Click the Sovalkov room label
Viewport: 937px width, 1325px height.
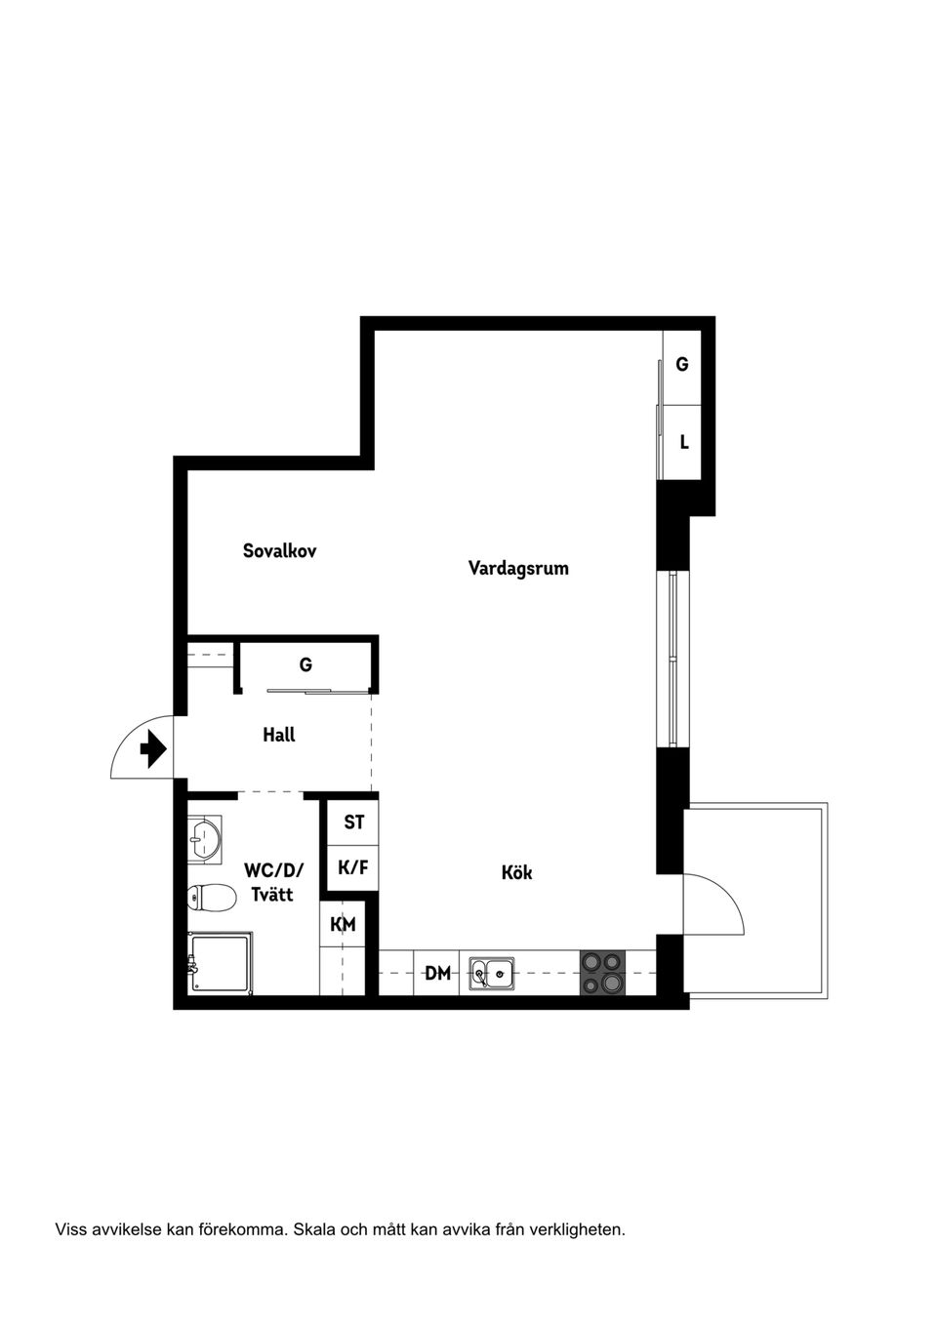pyautogui.click(x=279, y=550)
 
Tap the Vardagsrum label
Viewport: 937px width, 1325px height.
pyautogui.click(x=518, y=568)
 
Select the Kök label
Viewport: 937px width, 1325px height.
pyautogui.click(x=516, y=872)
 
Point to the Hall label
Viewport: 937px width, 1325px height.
pyautogui.click(x=278, y=735)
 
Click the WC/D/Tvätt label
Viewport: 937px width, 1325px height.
pyautogui.click(x=273, y=881)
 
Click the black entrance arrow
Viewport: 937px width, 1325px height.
pyautogui.click(x=153, y=749)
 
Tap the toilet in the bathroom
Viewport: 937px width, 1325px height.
pyautogui.click(x=212, y=898)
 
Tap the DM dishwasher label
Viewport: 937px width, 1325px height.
pyautogui.click(x=438, y=973)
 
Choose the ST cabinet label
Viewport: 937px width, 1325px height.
pyautogui.click(x=353, y=823)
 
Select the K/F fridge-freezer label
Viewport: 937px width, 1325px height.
pyautogui.click(x=352, y=866)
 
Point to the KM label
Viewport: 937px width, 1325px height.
pyautogui.click(x=343, y=924)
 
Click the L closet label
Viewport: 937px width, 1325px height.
pyautogui.click(x=684, y=442)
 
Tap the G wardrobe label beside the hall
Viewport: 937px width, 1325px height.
pyautogui.click(x=306, y=664)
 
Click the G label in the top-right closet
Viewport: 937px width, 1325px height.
pyautogui.click(x=682, y=364)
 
